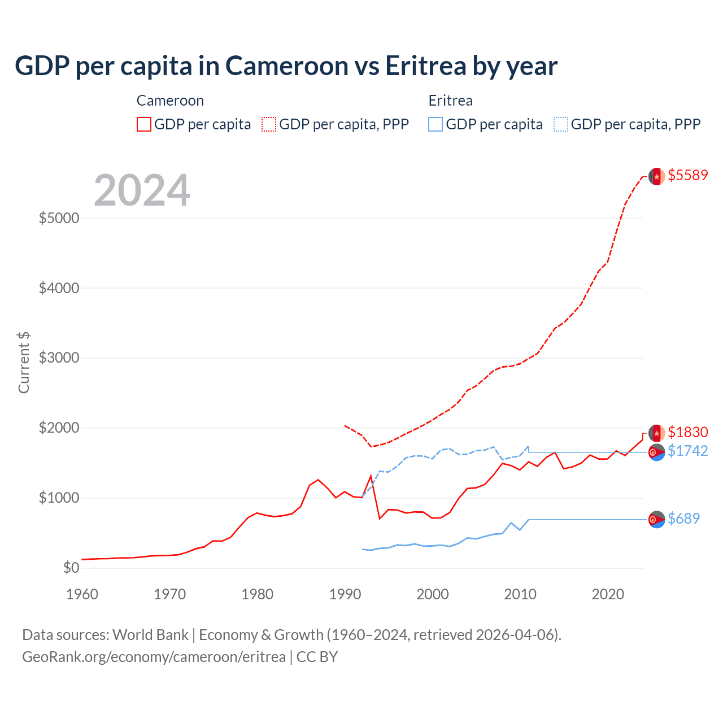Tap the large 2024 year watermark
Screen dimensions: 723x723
[x=142, y=191]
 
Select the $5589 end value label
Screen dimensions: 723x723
[x=687, y=175]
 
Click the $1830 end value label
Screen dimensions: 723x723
[x=687, y=432]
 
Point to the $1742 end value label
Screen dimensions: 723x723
[x=687, y=451]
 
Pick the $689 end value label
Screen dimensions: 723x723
[x=683, y=519]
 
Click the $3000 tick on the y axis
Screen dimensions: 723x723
[x=59, y=358]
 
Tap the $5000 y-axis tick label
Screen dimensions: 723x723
[x=59, y=218]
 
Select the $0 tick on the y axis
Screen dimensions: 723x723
[x=70, y=568]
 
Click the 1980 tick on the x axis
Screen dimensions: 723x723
[x=257, y=594]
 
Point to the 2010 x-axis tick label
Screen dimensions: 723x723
[x=520, y=594]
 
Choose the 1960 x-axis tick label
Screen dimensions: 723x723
[x=82, y=594]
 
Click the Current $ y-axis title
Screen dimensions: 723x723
[x=24, y=363]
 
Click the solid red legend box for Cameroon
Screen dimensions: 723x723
[x=144, y=124]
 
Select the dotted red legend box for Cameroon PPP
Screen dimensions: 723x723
[x=269, y=124]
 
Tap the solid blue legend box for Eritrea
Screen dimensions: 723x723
[x=435, y=124]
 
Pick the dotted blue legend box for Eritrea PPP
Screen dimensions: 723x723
[x=561, y=124]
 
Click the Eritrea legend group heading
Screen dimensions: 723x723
[x=450, y=101]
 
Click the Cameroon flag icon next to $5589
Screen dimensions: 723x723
[x=656, y=176]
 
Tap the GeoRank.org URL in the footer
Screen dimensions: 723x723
[x=154, y=657]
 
